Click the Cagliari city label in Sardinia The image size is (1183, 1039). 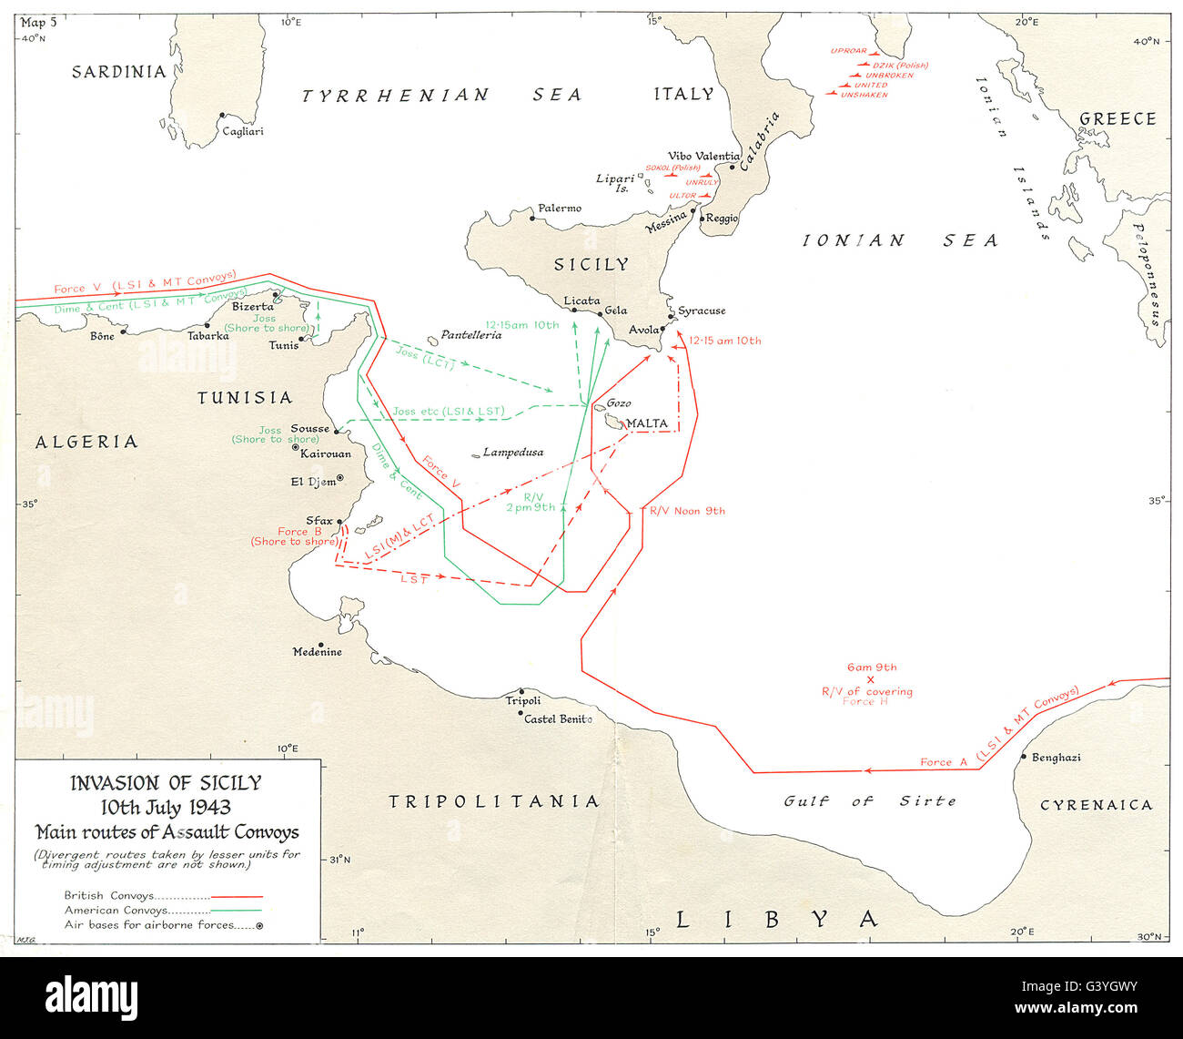point(243,131)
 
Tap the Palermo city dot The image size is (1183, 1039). point(532,218)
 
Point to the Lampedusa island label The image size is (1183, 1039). point(513,452)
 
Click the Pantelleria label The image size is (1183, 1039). point(470,335)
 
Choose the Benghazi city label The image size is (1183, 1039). point(1056,758)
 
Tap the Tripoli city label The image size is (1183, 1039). point(523,700)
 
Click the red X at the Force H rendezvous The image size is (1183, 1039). point(870,679)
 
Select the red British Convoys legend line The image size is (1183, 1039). point(236,896)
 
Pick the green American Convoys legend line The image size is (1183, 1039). point(236,910)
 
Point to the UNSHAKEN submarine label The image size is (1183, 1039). point(864,95)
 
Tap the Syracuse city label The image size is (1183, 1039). point(702,311)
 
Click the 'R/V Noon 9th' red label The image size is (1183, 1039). point(687,511)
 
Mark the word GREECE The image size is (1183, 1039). point(1117,119)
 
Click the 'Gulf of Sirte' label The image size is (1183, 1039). point(870,801)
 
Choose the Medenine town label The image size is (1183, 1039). point(318,652)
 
